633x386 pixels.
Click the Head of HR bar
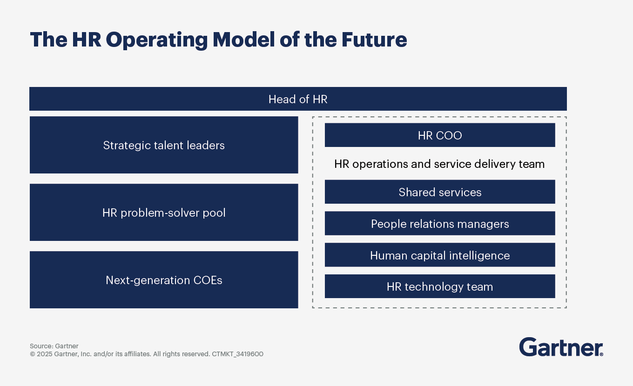[x=298, y=99]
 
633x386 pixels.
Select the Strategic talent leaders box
[x=164, y=145]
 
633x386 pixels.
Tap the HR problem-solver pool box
[x=164, y=213]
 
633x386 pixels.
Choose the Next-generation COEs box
[x=164, y=280]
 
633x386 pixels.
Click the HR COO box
[x=440, y=135]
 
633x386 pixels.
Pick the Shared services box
[x=440, y=192]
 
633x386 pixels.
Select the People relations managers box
[x=440, y=224]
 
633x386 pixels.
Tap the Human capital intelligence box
[x=440, y=255]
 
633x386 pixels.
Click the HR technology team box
[x=440, y=286]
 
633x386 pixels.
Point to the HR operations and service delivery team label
[x=439, y=164]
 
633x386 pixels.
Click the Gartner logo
[x=560, y=347]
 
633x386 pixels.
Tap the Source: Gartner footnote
[x=54, y=346]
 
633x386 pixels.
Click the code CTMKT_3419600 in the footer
[x=237, y=354]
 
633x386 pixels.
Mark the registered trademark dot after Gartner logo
[x=601, y=354]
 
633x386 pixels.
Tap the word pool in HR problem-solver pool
[x=215, y=213]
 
